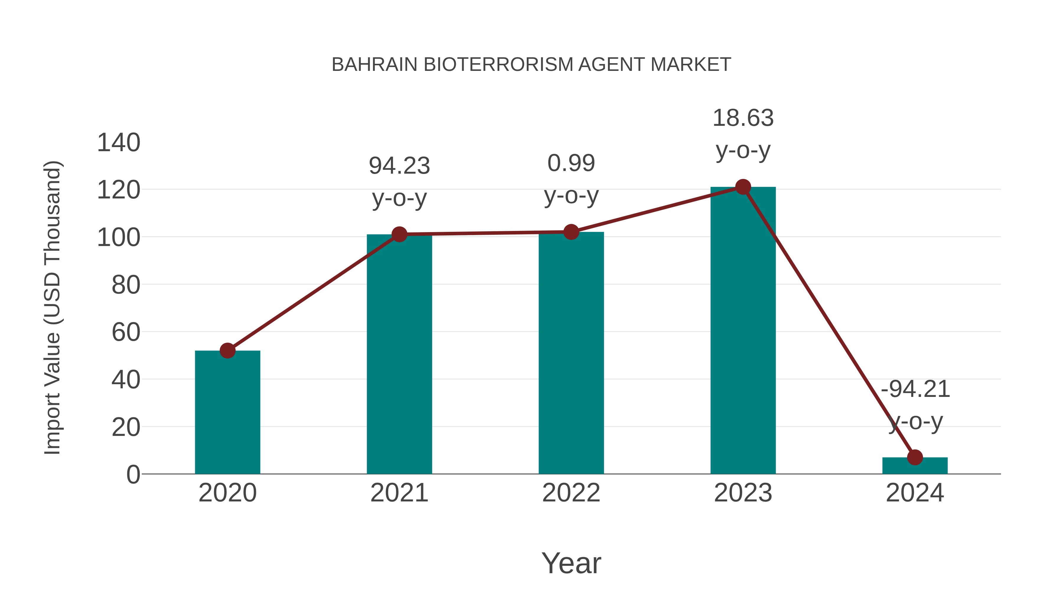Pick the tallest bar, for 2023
pos(743,330)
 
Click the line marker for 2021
pos(399,234)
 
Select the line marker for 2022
pos(571,232)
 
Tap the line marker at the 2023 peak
pos(743,187)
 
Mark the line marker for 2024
pos(915,457)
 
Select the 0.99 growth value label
pos(571,163)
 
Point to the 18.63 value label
pos(743,118)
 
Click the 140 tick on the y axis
pos(118,143)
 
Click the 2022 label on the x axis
pos(571,493)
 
